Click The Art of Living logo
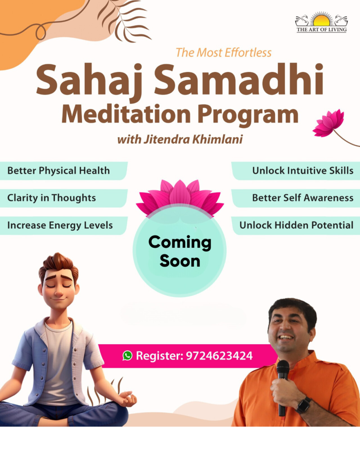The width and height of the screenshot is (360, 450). pos(321,22)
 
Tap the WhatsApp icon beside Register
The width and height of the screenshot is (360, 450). pos(127,356)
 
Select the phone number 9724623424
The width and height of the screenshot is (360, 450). pos(219,356)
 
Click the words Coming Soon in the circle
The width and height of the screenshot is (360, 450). pos(180,251)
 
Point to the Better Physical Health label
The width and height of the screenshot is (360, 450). pos(58,171)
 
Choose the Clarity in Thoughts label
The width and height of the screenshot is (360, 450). pos(52,198)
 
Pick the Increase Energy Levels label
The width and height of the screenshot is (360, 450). pos(60,225)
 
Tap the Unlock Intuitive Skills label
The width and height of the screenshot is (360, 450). pos(302,171)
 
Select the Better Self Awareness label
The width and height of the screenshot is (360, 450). pos(302,198)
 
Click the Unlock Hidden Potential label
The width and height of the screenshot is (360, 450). pos(296,225)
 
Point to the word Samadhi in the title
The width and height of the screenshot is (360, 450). pos(239,79)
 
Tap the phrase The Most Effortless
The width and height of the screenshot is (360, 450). pos(224,53)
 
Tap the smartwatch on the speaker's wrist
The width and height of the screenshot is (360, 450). pos(304,405)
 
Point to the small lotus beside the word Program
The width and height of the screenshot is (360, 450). pos(329,123)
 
